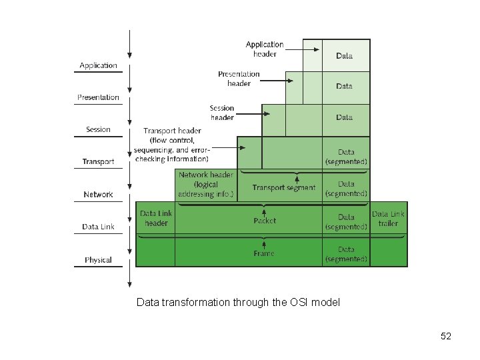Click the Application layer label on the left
pos(98,65)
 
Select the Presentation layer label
pos(98,97)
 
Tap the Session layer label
pos(98,129)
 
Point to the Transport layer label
pos(98,161)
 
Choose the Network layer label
pos(98,195)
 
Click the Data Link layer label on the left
pos(98,227)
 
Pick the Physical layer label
pos(98,260)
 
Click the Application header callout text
pos(265,49)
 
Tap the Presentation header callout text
pos(239,79)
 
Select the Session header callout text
pos(222,113)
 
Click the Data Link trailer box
pos(388,219)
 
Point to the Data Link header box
pos(156,219)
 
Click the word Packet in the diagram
pos(265,221)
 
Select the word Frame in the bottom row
pos(264,254)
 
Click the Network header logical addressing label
pos(206,185)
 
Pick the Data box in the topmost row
pos(345,56)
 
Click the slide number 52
pos(446,336)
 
